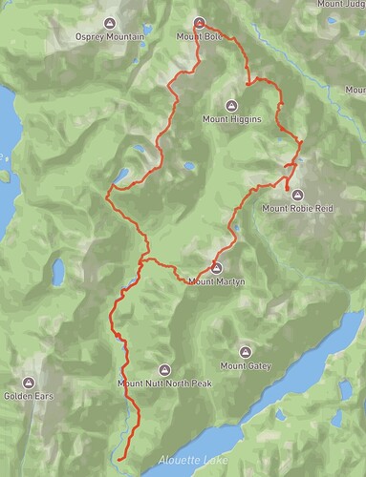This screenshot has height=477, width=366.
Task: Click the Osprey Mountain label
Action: pos(111,37)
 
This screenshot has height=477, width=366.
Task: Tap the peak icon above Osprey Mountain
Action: pos(111,24)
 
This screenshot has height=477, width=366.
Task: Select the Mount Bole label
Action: pos(199,37)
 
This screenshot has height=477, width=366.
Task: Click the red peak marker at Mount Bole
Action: pos(199,23)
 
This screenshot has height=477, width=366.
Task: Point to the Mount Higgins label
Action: pos(230,119)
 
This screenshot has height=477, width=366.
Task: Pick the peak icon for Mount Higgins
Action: pos(230,106)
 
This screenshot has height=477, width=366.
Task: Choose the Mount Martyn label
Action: pos(216,280)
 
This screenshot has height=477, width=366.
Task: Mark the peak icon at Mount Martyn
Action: pos(216,267)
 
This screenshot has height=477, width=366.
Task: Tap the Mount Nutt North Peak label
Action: pos(163,384)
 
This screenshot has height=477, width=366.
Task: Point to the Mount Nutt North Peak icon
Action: pos(163,370)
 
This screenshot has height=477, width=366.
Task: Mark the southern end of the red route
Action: pos(122,458)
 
